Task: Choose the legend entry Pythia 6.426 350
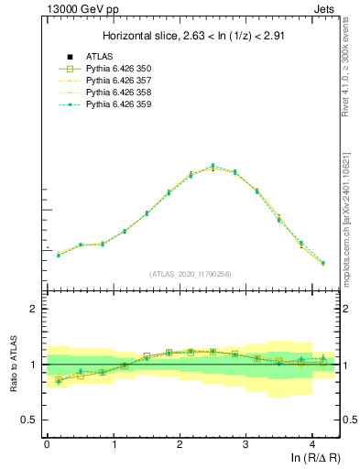pos(118,69)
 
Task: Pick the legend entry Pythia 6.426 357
pos(118,81)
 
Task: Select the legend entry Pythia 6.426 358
pos(118,93)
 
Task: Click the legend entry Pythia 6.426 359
pos(118,104)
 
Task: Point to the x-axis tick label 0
pos(47,444)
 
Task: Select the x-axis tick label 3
pos(245,444)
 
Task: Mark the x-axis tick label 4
pos(312,444)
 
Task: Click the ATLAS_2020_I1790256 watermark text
pos(191,274)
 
